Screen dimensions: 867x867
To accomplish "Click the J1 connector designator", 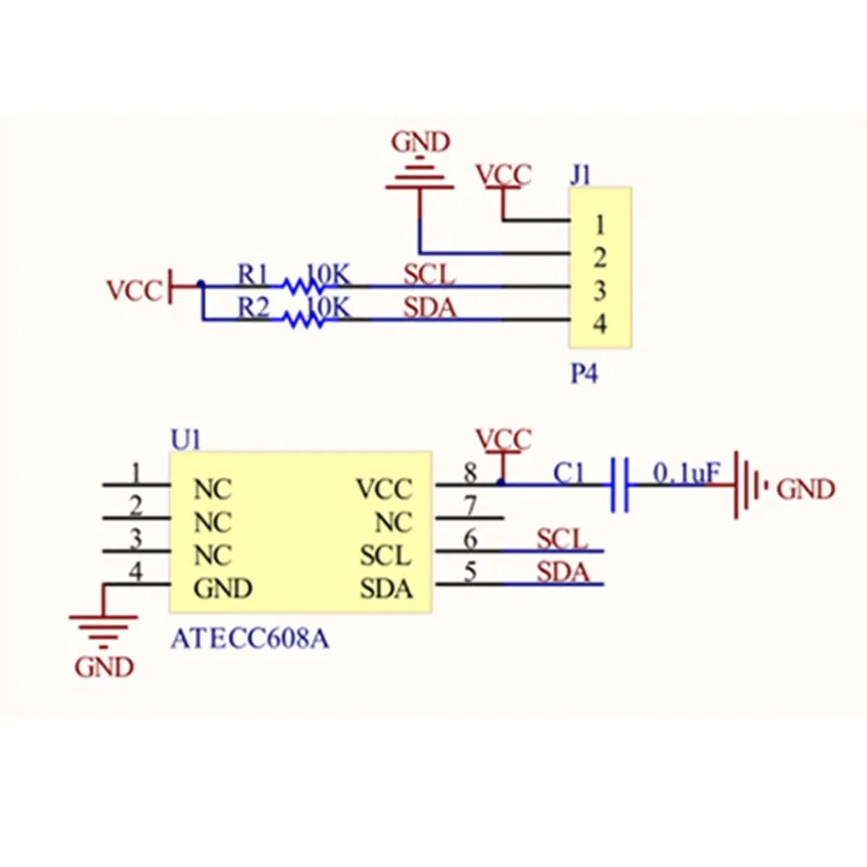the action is (x=580, y=176).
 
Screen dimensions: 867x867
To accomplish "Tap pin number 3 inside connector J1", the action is (x=599, y=291).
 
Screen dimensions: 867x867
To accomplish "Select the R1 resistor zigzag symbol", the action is (x=303, y=286).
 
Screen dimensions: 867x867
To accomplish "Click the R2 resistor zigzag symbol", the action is (x=303, y=320).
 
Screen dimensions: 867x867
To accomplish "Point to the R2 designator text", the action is (x=254, y=308).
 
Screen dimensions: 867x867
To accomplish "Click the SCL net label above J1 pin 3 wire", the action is (x=428, y=275).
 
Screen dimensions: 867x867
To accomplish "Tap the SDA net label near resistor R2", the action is (x=430, y=309).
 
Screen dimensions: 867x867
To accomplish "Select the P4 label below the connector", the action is (x=584, y=374).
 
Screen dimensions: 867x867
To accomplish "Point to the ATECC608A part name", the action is (x=250, y=639).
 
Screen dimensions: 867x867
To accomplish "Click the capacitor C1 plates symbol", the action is (x=619, y=485).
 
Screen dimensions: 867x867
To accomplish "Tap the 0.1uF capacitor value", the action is (x=686, y=473).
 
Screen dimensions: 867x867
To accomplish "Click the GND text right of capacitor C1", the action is (x=806, y=490).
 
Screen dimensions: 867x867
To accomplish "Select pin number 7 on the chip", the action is (x=470, y=506).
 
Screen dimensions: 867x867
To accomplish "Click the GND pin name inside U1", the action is (x=223, y=589).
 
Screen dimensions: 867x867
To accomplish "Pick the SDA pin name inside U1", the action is (x=386, y=589).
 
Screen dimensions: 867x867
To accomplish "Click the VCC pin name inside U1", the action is (x=384, y=489).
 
